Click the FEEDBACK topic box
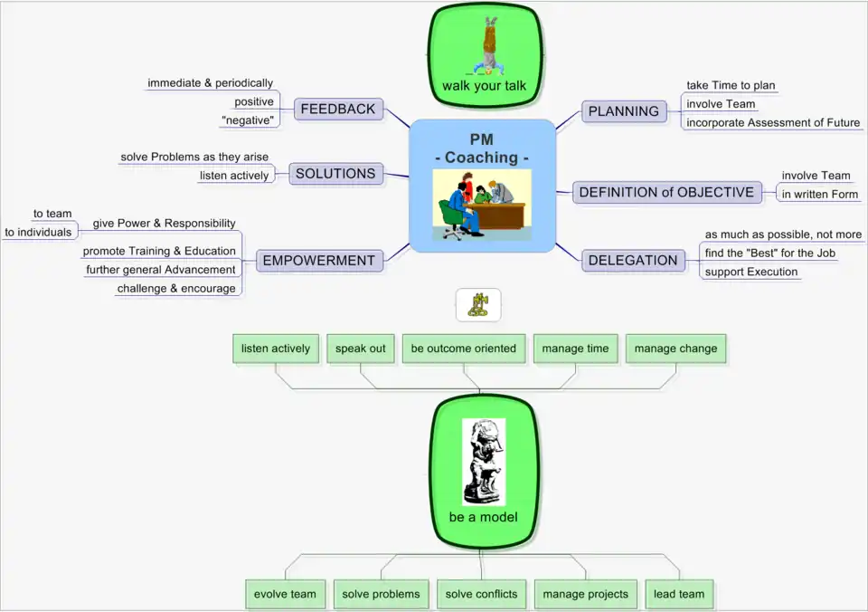click(338, 110)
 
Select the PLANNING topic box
click(624, 111)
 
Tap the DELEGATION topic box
click(633, 261)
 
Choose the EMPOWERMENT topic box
click(318, 261)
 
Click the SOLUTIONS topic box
click(335, 174)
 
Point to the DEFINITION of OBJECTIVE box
click(666, 192)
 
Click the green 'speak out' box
click(361, 349)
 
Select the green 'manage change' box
click(675, 349)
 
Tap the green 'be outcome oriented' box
click(464, 349)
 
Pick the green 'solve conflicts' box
click(482, 594)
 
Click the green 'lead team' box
click(679, 594)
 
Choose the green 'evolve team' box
click(285, 594)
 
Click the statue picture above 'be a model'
click(484, 461)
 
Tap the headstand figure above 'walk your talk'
click(490, 45)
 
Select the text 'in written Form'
click(820, 194)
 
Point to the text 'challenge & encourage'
click(176, 289)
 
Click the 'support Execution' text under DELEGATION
click(751, 272)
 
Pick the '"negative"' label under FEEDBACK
click(247, 120)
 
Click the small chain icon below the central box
click(477, 306)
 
